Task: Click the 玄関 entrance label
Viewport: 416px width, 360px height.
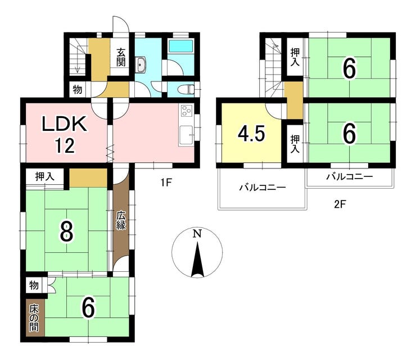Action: (x=121, y=57)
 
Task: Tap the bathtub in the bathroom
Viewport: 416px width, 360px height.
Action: (x=180, y=46)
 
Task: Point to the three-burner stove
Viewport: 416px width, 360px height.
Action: (x=186, y=110)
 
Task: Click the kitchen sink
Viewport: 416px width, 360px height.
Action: (x=186, y=135)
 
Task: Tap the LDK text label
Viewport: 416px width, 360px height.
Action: (x=65, y=123)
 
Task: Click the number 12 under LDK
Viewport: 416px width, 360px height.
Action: (x=65, y=145)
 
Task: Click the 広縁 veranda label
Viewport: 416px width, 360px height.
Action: (x=121, y=220)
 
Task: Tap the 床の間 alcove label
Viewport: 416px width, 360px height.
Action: (x=34, y=318)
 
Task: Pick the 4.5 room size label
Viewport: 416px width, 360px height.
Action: (x=251, y=133)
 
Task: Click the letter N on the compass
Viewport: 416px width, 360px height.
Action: (x=197, y=234)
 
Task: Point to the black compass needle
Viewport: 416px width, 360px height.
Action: (x=197, y=261)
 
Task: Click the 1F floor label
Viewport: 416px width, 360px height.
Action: (x=166, y=183)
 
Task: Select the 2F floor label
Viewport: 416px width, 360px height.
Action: (x=340, y=204)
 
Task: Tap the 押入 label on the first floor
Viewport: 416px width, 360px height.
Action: (x=45, y=176)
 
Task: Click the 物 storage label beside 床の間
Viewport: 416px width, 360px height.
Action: (x=34, y=285)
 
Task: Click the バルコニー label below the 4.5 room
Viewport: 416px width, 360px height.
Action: (x=263, y=188)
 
